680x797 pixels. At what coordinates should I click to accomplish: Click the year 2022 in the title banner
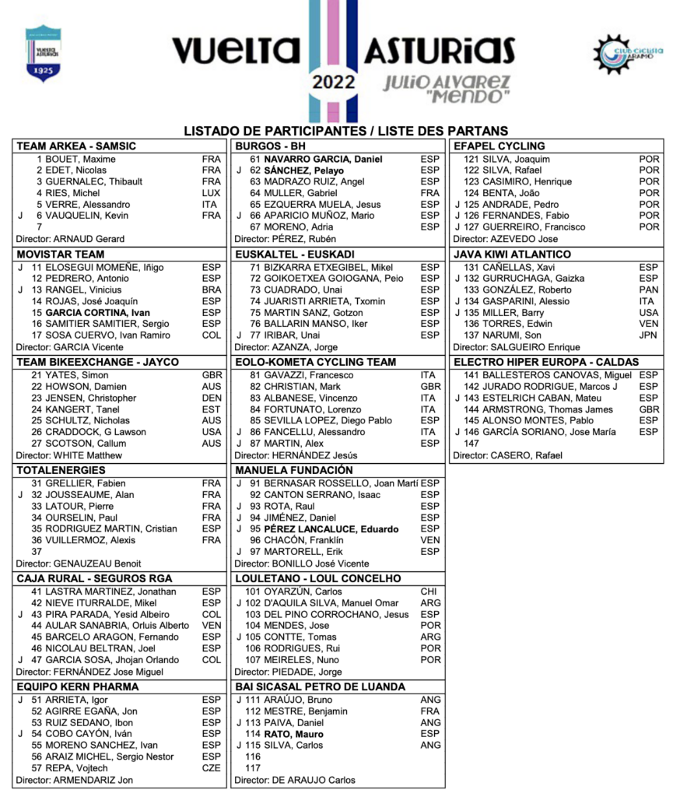point(334,81)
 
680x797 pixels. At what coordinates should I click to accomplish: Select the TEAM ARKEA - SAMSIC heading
point(76,146)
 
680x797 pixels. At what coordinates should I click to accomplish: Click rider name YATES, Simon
point(76,375)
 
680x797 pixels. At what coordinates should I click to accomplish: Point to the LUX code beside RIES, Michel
point(211,193)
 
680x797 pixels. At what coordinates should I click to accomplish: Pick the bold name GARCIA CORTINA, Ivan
point(97,312)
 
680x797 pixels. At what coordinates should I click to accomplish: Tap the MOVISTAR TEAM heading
point(61,254)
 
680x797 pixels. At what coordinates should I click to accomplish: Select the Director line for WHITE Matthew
point(69,455)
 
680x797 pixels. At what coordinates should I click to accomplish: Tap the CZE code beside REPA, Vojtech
point(211,768)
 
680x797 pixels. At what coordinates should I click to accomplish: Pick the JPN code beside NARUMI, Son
point(648,335)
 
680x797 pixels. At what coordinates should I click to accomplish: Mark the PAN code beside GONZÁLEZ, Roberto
point(648,290)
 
